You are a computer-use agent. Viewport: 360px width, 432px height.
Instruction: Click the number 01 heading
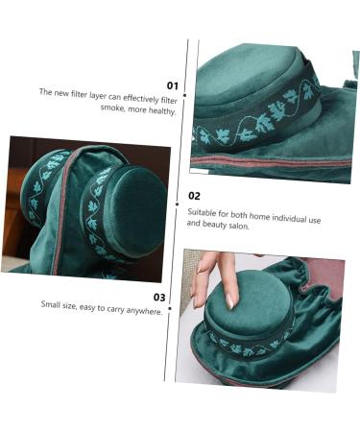click(x=173, y=85)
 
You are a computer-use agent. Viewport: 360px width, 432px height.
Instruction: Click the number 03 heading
click(x=159, y=297)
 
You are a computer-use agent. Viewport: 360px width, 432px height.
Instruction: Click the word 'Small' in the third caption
click(x=51, y=303)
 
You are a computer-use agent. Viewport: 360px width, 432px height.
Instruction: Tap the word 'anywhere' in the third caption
click(x=144, y=311)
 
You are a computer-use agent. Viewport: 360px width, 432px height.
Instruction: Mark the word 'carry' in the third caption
click(x=114, y=309)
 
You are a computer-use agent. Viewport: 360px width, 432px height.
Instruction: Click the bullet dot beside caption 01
click(x=184, y=95)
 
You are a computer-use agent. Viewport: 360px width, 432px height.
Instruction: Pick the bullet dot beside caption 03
click(x=170, y=308)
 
